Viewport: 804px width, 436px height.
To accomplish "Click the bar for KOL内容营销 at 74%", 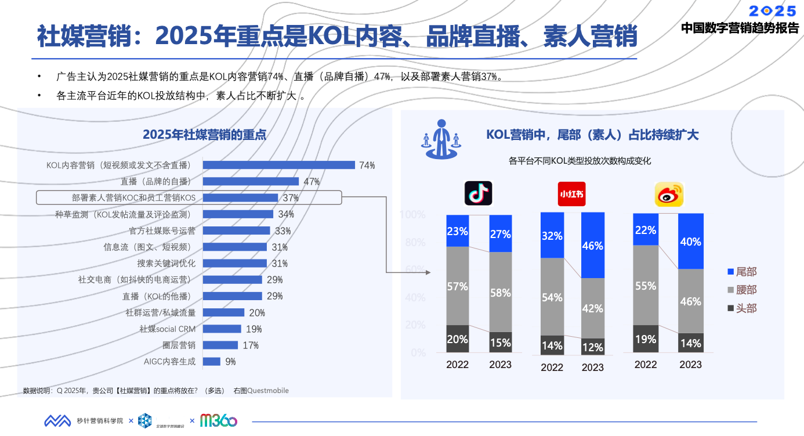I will (x=278, y=165).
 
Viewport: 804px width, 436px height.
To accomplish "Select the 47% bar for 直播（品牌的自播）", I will (x=251, y=181).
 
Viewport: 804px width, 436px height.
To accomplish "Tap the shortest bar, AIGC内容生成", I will (x=212, y=361).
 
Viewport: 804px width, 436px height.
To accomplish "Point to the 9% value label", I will (x=230, y=362).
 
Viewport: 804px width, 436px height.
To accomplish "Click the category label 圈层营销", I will (x=179, y=345).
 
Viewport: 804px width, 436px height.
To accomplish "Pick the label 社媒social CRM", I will (x=167, y=329).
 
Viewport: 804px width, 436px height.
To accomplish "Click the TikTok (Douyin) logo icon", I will (x=478, y=193).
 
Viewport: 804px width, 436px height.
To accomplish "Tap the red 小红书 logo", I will (x=571, y=194).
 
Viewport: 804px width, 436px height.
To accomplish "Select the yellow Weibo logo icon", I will (x=669, y=194).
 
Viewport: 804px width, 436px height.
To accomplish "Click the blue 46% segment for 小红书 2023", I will (x=593, y=245).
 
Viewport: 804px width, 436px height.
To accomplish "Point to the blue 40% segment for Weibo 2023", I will (x=690, y=241).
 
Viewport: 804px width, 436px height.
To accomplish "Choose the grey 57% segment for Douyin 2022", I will (x=458, y=286).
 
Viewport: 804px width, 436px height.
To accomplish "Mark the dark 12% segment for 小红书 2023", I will (x=593, y=347).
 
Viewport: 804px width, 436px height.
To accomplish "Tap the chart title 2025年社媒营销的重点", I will (x=204, y=135).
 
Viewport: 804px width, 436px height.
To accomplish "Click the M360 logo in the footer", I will (x=218, y=420).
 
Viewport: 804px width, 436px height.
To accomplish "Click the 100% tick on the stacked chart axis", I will (x=412, y=215).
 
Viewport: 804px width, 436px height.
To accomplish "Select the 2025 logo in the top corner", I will (x=772, y=11).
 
